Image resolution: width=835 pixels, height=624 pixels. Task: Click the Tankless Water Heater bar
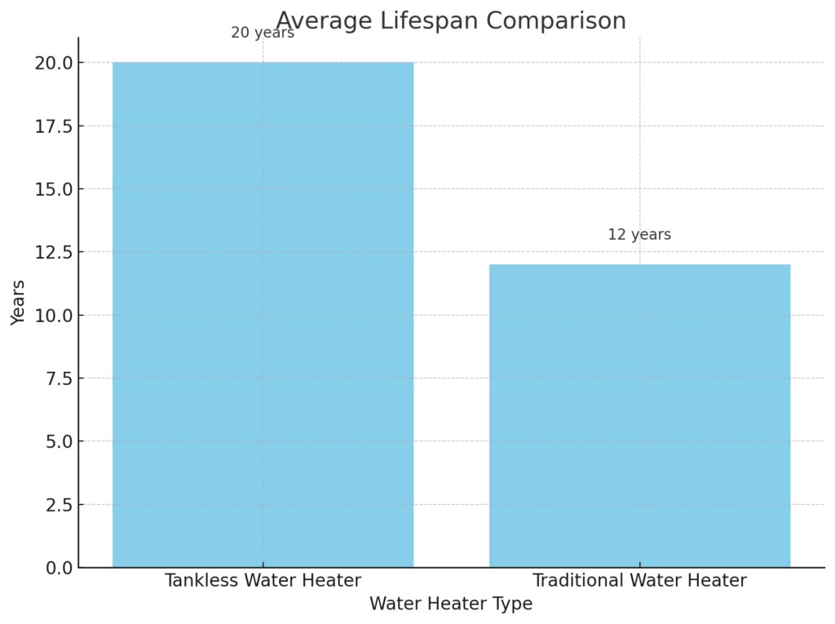click(x=263, y=314)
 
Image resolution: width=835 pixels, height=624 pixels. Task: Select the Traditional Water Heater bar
click(x=639, y=415)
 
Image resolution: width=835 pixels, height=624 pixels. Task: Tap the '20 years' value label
click(x=263, y=33)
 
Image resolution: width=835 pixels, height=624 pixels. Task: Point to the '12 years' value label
click(x=639, y=235)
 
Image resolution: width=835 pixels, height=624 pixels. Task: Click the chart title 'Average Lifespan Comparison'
click(x=451, y=20)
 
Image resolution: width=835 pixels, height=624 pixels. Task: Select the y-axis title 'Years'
click(x=19, y=303)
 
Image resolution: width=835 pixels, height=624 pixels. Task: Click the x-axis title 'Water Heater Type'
click(x=451, y=604)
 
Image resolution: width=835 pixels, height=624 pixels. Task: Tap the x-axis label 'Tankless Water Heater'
click(x=263, y=581)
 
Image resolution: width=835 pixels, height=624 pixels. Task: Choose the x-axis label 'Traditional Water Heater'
click(x=639, y=581)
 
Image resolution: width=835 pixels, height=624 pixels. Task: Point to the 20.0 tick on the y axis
click(x=53, y=63)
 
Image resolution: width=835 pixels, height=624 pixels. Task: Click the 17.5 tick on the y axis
click(x=53, y=126)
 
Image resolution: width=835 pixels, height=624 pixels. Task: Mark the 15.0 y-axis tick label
click(x=53, y=189)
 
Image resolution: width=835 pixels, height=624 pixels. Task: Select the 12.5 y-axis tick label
click(x=53, y=252)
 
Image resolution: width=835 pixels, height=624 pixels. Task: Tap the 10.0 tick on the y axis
click(x=53, y=316)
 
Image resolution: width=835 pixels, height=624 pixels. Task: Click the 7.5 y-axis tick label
click(x=58, y=378)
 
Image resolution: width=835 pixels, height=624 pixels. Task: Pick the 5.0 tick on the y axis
click(x=58, y=441)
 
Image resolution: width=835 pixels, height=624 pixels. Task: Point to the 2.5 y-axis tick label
click(x=58, y=505)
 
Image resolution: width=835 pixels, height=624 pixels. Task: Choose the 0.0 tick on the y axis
click(x=58, y=568)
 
